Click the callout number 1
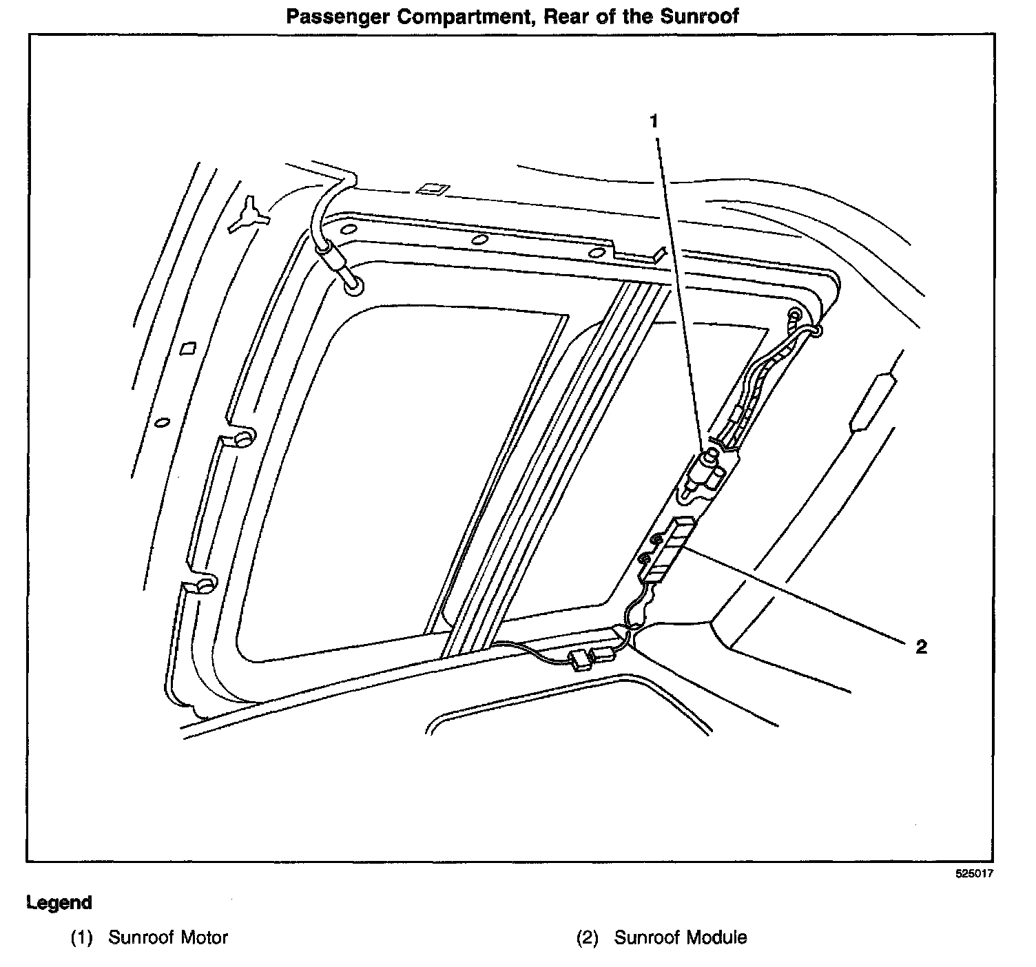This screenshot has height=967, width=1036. (x=654, y=122)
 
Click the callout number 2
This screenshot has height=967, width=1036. (x=921, y=647)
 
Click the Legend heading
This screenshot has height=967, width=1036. (x=59, y=902)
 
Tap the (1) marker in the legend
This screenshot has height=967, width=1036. (x=81, y=937)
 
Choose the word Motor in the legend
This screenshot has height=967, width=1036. (x=205, y=937)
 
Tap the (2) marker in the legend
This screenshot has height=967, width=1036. (x=587, y=937)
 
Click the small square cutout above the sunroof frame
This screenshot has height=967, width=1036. (x=431, y=188)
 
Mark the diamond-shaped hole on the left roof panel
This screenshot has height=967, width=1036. (x=188, y=349)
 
